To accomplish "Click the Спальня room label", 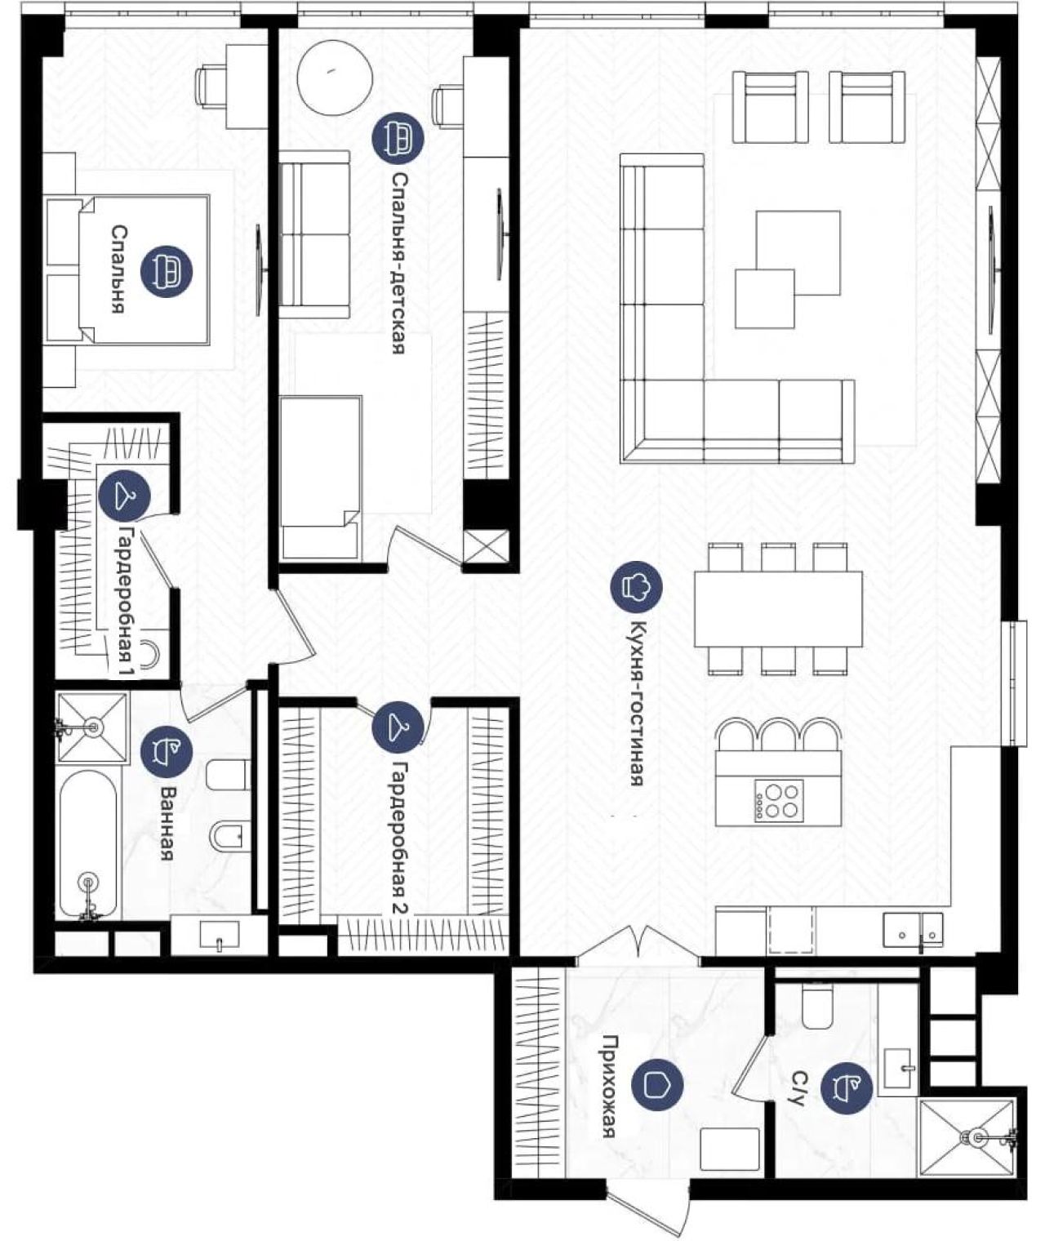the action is pyautogui.click(x=118, y=269).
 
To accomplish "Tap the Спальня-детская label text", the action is pyautogui.click(x=398, y=263).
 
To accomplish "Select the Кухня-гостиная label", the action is pyautogui.click(x=637, y=703).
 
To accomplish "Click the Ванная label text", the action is pyautogui.click(x=167, y=824).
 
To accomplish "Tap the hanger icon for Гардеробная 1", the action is pyautogui.click(x=124, y=496).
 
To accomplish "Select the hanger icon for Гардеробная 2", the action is pyautogui.click(x=398, y=727).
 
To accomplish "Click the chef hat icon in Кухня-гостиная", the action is pyautogui.click(x=637, y=587).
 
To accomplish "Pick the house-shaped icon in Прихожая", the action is pyautogui.click(x=657, y=1085).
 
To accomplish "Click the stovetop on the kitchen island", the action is pyautogui.click(x=779, y=801).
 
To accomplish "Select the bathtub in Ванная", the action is pyautogui.click(x=88, y=845).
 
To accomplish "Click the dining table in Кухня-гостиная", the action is pyautogui.click(x=778, y=608).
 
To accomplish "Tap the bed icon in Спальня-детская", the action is pyautogui.click(x=398, y=139).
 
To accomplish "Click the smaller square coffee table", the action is pyautogui.click(x=765, y=298).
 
